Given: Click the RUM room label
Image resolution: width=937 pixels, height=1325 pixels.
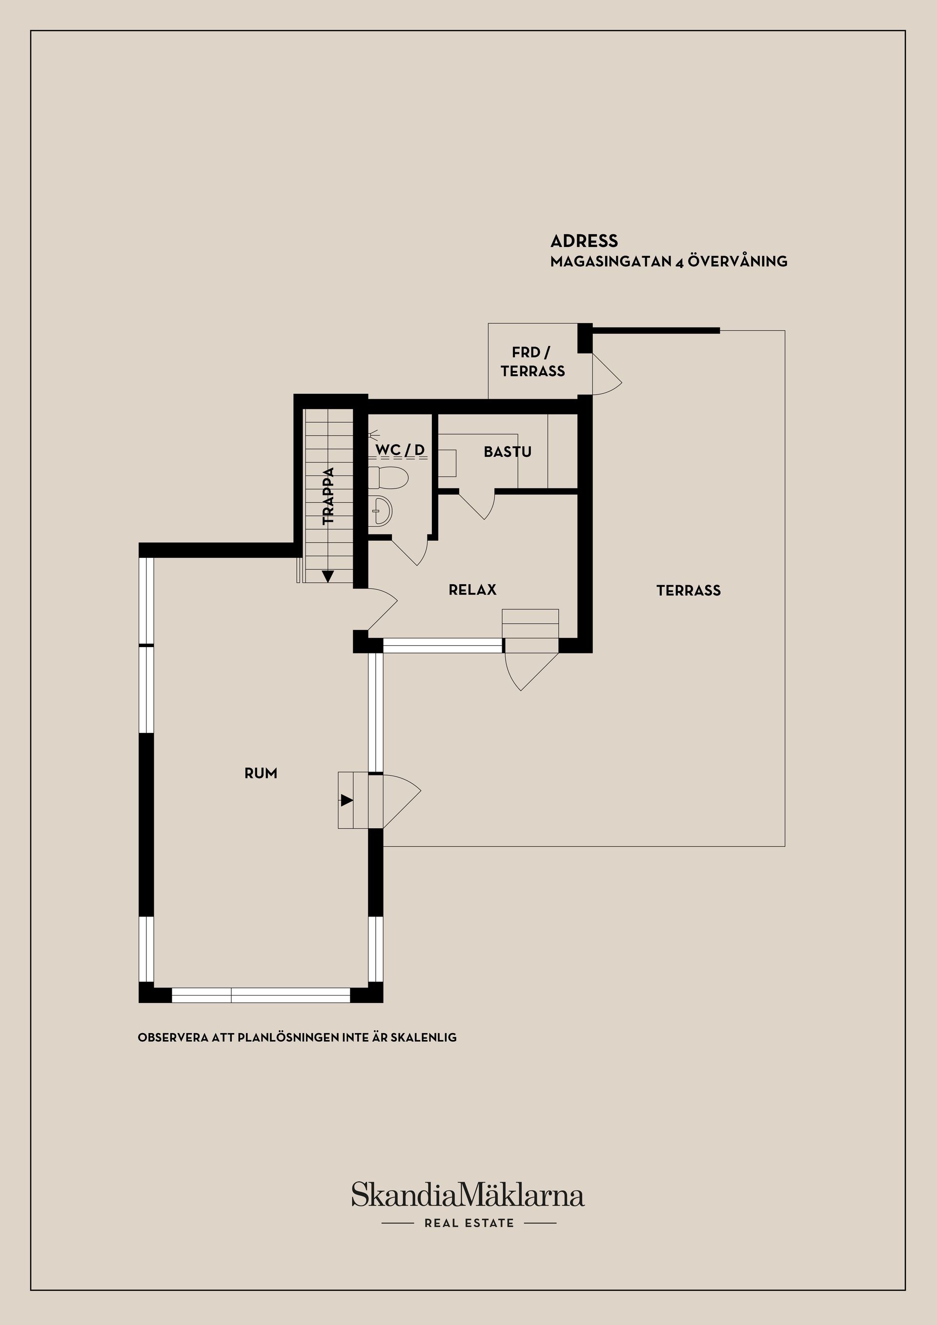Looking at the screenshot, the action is (261, 774).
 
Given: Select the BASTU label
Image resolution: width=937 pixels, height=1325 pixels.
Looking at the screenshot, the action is (508, 452).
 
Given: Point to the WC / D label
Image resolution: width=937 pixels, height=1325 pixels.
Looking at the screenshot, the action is (400, 449).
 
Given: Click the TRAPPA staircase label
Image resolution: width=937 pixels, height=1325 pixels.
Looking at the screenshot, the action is (328, 496).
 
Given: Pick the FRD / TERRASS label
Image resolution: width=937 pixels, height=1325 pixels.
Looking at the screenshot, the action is (532, 362).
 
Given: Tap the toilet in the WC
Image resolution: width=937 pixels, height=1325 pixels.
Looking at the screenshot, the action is (387, 478).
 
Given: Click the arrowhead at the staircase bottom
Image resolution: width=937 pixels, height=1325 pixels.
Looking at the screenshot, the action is (328, 576).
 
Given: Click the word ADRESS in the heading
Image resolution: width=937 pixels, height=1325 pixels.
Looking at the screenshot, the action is (584, 241).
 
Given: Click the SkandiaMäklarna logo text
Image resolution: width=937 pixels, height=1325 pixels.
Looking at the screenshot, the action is (468, 1194).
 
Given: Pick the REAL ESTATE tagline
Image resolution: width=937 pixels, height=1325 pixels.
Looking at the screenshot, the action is (469, 1223).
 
